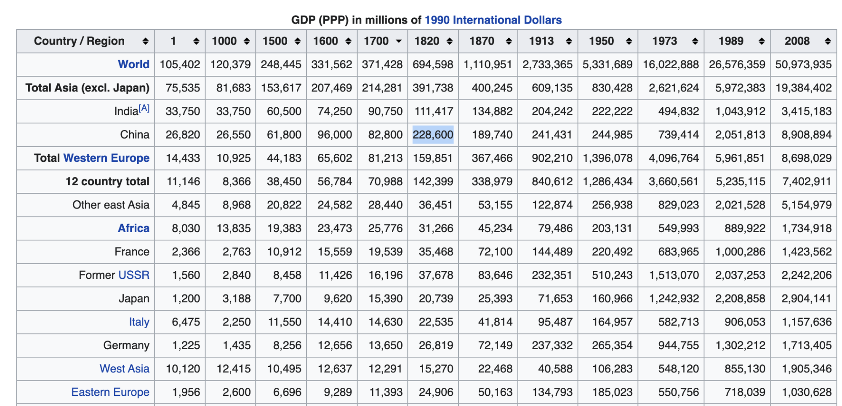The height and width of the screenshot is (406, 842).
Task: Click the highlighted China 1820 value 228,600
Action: click(433, 135)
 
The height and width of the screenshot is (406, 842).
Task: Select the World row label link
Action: click(133, 64)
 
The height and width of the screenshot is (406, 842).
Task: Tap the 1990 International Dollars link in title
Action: click(493, 20)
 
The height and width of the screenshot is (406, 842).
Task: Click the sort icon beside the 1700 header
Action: click(398, 41)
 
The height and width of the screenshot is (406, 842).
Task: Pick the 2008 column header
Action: click(797, 41)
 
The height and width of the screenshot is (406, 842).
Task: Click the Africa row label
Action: click(133, 228)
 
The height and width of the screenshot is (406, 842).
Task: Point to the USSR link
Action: click(134, 275)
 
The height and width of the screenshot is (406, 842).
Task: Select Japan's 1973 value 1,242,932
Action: click(674, 299)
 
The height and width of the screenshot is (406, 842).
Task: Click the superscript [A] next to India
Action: click(144, 108)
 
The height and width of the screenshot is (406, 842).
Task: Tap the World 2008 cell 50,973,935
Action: click(803, 64)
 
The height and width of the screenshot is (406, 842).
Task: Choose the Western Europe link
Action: click(106, 158)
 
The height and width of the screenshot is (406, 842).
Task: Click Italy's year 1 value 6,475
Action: click(186, 322)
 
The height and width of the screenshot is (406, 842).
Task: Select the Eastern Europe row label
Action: click(110, 392)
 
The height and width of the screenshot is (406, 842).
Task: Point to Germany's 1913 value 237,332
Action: click(552, 345)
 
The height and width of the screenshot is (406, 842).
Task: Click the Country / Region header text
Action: click(79, 41)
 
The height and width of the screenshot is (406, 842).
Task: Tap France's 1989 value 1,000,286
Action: click(740, 252)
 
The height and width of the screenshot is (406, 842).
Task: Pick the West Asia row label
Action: click(124, 369)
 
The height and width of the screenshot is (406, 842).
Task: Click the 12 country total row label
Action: click(107, 182)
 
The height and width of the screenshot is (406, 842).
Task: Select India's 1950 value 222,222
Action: click(612, 111)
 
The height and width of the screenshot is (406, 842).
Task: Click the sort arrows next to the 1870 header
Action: click(509, 41)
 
